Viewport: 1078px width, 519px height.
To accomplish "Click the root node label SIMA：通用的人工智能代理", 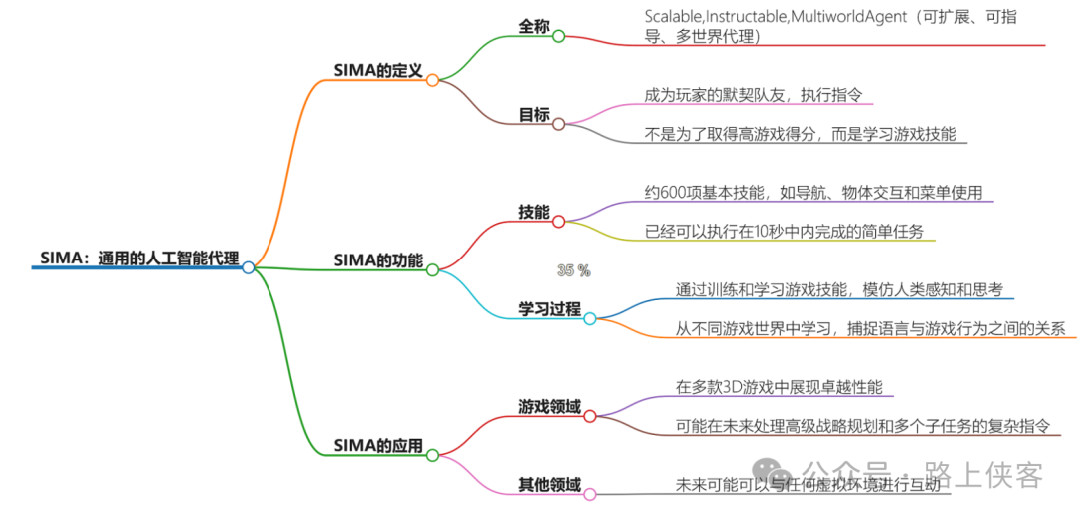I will [x=140, y=257].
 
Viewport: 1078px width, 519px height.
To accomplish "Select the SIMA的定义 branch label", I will [x=378, y=70].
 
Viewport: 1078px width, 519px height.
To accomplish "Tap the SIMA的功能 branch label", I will [x=378, y=259].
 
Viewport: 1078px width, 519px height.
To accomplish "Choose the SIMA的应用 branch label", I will [x=378, y=445].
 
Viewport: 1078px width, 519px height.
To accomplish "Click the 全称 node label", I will [x=533, y=27].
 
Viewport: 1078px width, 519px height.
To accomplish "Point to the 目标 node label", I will [x=534, y=114].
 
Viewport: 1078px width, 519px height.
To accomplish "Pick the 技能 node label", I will [x=534, y=211].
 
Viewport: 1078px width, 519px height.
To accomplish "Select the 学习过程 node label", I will [x=549, y=308].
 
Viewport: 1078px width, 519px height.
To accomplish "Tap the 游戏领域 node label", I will [x=549, y=406].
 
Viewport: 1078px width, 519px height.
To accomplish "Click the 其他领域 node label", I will [x=549, y=484].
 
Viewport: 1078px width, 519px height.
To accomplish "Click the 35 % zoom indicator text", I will [x=574, y=270].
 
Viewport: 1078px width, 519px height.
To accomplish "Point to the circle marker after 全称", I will [x=559, y=36].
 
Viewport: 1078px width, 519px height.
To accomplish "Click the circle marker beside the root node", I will [x=249, y=267].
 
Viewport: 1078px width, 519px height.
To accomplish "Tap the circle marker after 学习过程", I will [x=590, y=318].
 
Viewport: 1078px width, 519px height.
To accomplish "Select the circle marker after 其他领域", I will [x=590, y=494].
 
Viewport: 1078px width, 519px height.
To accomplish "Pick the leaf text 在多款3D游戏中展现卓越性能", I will [x=780, y=386].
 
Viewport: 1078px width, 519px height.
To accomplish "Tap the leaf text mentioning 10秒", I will [x=785, y=231].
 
